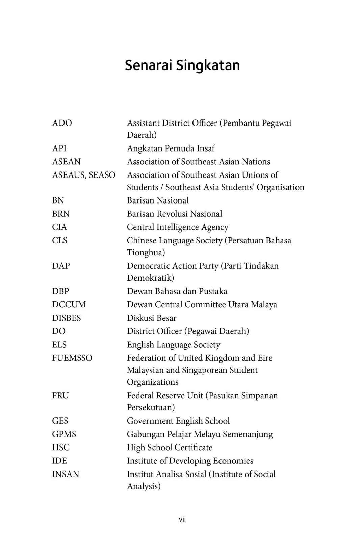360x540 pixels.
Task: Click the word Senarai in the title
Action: (149, 65)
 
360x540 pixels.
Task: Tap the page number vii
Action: (182, 519)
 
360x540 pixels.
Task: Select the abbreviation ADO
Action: (62, 123)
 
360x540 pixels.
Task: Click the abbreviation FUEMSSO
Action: (72, 358)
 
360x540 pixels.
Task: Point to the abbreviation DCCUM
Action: (69, 304)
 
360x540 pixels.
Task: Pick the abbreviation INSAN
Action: (66, 474)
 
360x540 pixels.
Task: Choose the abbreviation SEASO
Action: (102, 175)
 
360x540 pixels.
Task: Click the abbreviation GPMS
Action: (64, 434)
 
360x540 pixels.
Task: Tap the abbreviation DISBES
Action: (66, 318)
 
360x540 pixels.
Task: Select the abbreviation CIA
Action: (59, 227)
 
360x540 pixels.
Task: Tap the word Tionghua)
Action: (146, 252)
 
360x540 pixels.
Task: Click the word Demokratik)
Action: (150, 278)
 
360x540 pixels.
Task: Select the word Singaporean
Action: (205, 370)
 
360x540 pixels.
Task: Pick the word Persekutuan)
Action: (151, 407)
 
